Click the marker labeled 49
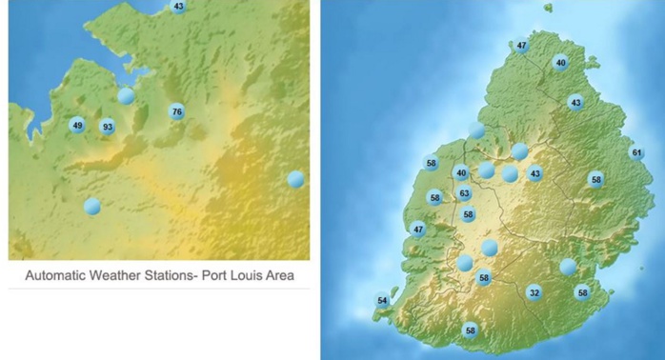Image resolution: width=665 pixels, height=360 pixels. point(77,125)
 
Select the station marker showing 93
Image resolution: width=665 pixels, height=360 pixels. point(108,127)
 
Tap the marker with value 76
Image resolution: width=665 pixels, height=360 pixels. point(176,112)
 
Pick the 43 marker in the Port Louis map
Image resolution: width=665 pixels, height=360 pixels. point(178,6)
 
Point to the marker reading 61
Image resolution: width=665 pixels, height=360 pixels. point(636,152)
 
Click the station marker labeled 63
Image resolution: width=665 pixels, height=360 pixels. point(465,194)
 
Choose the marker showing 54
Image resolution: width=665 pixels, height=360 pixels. point(383,301)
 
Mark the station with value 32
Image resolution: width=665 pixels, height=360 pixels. point(534,293)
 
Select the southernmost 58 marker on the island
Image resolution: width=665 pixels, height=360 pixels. point(470,330)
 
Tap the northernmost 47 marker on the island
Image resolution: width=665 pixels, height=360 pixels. point(521,46)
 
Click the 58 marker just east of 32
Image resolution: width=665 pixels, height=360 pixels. point(582,293)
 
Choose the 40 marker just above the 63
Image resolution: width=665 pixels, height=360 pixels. point(461,173)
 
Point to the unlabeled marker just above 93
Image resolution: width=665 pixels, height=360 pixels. point(126,95)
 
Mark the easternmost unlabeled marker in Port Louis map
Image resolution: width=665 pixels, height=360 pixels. point(295,178)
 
